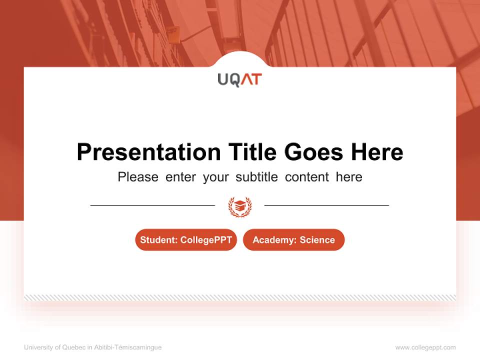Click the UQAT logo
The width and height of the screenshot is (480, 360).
coord(239,79)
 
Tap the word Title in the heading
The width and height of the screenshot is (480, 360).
coord(253,152)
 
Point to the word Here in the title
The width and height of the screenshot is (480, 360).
coord(376,152)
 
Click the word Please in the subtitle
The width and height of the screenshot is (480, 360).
coord(138,177)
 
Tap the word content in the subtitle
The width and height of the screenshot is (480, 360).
coord(307,177)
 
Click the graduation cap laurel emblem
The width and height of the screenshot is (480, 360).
coord(240,206)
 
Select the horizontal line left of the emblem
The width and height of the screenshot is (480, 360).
coord(152,205)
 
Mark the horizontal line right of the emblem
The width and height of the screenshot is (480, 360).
coord(326,205)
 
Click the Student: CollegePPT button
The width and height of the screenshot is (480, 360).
coord(186,240)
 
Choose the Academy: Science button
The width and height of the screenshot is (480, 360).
coord(293,240)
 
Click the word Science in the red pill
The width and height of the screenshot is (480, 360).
coord(317,240)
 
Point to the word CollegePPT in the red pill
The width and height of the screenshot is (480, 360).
coord(206,240)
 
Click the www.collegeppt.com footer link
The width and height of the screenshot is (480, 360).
coord(425,347)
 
